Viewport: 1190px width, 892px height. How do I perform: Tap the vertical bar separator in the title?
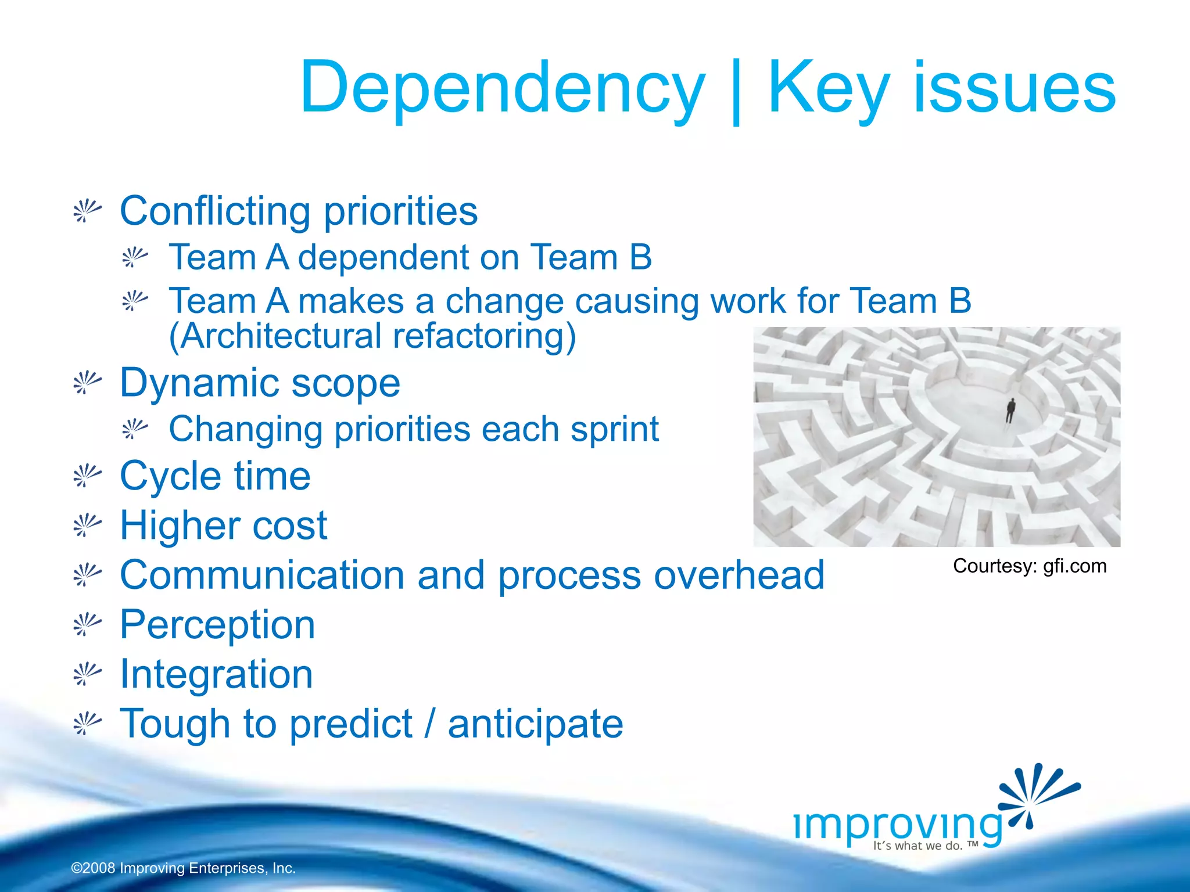pyautogui.click(x=736, y=92)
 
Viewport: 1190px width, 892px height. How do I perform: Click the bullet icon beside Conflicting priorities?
pyautogui.click(x=87, y=211)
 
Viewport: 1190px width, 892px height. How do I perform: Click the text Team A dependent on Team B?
pyautogui.click(x=410, y=257)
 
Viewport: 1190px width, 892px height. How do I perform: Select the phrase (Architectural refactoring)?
pyautogui.click(x=372, y=336)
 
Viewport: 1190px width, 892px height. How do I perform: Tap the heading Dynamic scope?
pyautogui.click(x=260, y=383)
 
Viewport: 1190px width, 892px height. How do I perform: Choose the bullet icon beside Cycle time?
pyautogui.click(x=87, y=476)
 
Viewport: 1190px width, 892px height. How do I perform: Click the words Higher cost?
pyautogui.click(x=223, y=526)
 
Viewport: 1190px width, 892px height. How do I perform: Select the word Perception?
pyautogui.click(x=217, y=625)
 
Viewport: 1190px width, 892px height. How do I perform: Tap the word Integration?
pyautogui.click(x=216, y=674)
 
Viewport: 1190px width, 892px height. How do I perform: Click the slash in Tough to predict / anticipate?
pyautogui.click(x=429, y=724)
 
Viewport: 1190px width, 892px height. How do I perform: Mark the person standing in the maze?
pyautogui.click(x=1011, y=411)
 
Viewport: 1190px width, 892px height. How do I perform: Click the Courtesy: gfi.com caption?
pyautogui.click(x=1030, y=566)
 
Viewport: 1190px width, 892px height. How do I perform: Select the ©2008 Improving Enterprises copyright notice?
pyautogui.click(x=184, y=868)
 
